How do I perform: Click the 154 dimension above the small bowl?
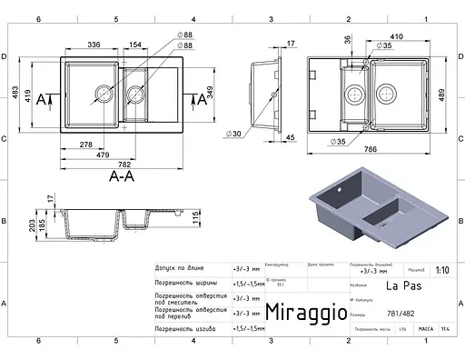point(134,45)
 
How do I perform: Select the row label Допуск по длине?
point(184,270)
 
